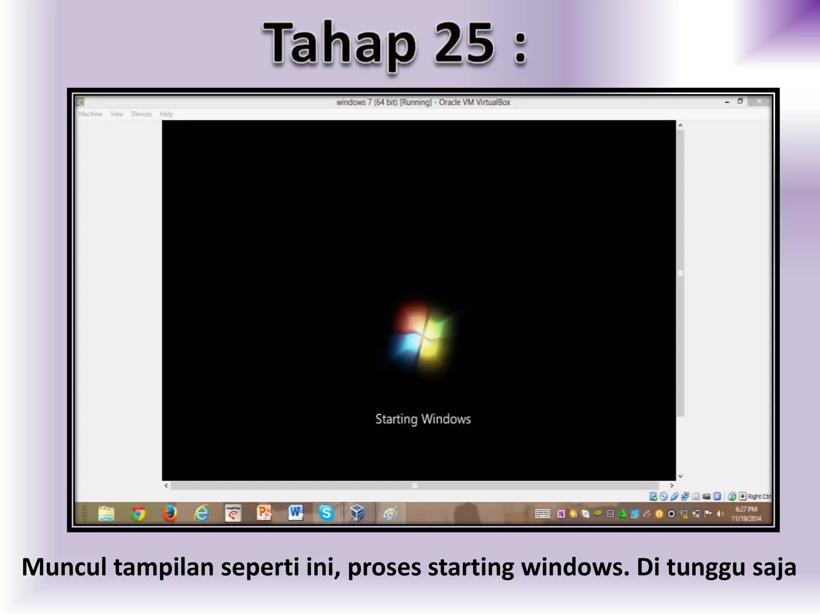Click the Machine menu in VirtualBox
[90, 114]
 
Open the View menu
[117, 114]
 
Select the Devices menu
[141, 114]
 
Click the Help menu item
[166, 114]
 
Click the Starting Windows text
[423, 419]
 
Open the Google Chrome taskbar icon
[138, 513]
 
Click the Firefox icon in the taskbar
[169, 513]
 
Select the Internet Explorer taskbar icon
[201, 513]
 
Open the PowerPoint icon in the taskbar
[264, 513]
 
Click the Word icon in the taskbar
[295, 513]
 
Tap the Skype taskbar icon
[326, 513]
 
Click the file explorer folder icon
[107, 513]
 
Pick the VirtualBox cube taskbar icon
[357, 513]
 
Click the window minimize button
[727, 102]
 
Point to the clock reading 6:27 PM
[746, 509]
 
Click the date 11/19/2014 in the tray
[746, 519]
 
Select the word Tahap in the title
[340, 44]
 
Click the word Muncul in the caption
[64, 567]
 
